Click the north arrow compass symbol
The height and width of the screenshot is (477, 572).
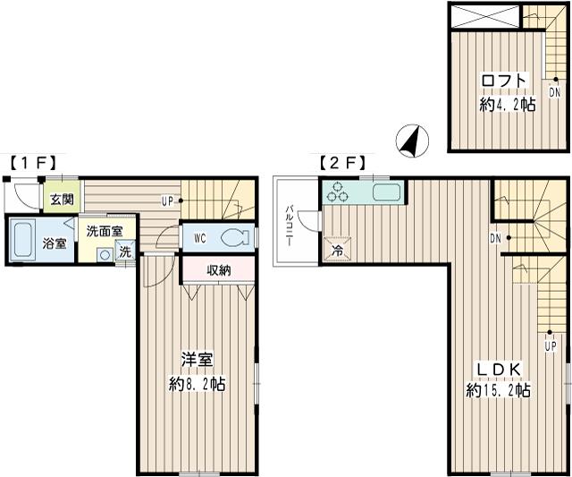tap(412, 141)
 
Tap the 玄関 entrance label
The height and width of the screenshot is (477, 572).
tap(62, 200)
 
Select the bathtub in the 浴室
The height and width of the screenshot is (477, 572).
tap(21, 240)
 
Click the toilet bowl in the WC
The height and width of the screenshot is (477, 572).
tap(232, 238)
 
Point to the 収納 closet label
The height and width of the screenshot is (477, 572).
tap(218, 270)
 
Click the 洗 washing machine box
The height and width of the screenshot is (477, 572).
tap(125, 251)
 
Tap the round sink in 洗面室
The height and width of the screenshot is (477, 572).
tap(105, 255)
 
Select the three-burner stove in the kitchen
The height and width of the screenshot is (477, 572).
tap(338, 192)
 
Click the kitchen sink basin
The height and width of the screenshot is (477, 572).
tap(387, 192)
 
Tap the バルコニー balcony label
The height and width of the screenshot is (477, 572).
tap(290, 226)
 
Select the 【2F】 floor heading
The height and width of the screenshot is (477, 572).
tap(342, 163)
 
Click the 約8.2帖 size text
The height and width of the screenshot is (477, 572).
tap(197, 384)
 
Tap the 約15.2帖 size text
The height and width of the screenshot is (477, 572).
tap(499, 391)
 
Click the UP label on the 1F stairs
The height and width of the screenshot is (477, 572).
tap(167, 200)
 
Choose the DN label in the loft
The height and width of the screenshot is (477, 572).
tap(555, 93)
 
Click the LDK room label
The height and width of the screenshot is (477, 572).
tap(499, 370)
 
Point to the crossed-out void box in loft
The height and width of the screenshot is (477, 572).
tap(485, 16)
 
